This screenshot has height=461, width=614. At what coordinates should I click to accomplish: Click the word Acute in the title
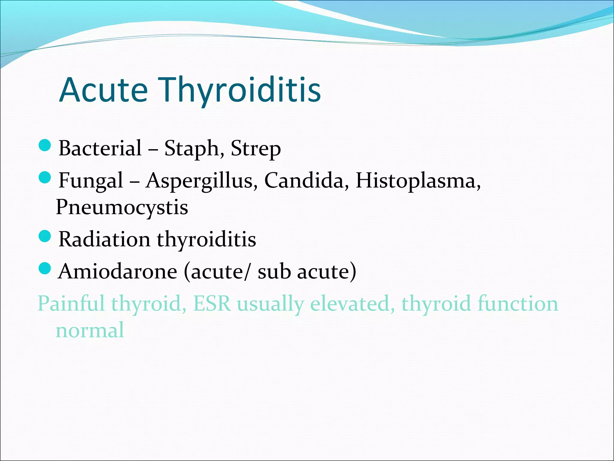pos(103,90)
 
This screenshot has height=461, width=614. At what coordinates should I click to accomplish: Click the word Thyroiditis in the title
pos(241,90)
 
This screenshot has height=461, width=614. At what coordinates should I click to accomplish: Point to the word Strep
pos(255,148)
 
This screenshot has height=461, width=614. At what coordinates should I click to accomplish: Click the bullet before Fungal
pos(45,178)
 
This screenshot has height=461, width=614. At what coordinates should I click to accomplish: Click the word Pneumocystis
pos(122,207)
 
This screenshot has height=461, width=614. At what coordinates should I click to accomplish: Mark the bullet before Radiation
pos(45,237)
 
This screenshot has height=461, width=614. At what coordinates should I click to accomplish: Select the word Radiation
pos(104,239)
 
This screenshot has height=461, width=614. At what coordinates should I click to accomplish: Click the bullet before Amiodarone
pos(45,268)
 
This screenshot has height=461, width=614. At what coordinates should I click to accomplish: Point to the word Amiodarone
pos(118,271)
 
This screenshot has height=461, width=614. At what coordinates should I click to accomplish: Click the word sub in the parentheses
pos(274,271)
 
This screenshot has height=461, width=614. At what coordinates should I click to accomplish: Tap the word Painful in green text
pos(71,303)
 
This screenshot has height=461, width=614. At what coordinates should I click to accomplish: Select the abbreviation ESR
pos(212,303)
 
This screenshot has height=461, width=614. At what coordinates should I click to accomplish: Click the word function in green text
pos(518,303)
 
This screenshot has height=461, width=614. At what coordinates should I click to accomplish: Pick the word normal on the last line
pos(90,330)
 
